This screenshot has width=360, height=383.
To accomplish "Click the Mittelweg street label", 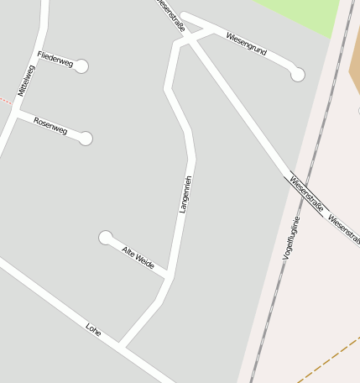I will tap(28, 79).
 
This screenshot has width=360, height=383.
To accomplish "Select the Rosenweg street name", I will tap(50, 125).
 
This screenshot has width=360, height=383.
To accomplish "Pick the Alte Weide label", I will tap(138, 257).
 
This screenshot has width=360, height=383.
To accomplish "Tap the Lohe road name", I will tap(93, 329).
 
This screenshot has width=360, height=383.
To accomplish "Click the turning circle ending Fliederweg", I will tap(81, 66).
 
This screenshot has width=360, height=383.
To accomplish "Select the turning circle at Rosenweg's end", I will tap(86, 139).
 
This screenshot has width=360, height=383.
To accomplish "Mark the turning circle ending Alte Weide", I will tap(106, 238).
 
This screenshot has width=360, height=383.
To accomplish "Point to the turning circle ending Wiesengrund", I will tap(297, 75).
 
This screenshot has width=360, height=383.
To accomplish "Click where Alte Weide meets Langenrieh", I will tap(170, 275).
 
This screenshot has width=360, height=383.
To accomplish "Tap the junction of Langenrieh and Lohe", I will tap(120, 345).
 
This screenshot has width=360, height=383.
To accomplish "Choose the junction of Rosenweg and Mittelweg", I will tap(16, 112).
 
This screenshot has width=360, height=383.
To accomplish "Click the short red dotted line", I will tap(7, 102).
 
